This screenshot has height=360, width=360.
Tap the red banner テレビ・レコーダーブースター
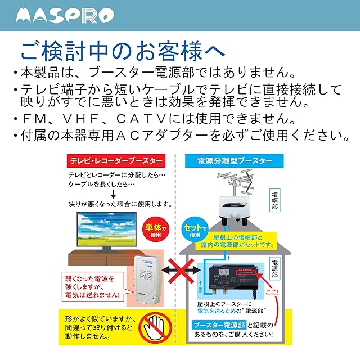117,161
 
